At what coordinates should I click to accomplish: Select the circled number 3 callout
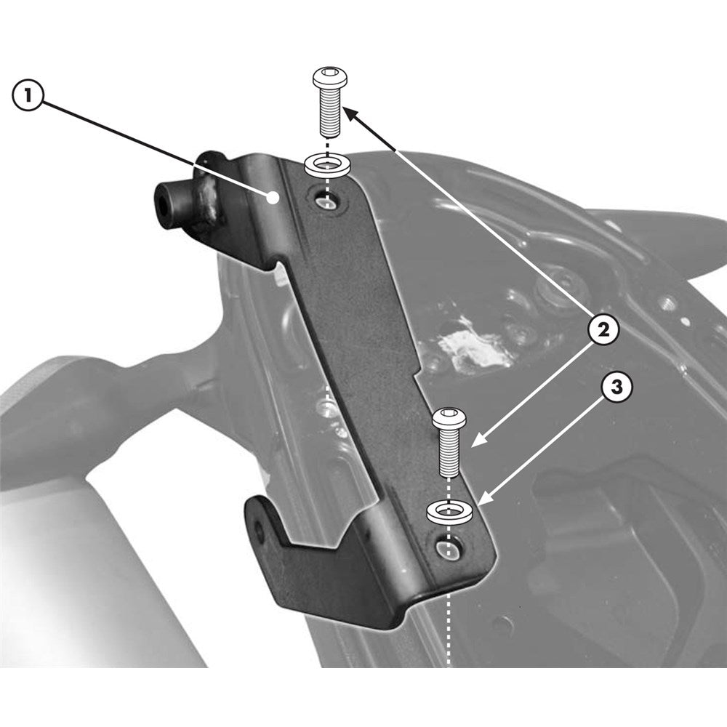616,387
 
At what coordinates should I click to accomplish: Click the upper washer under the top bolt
328,164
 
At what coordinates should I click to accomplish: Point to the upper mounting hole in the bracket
328,202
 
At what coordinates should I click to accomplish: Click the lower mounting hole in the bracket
446,549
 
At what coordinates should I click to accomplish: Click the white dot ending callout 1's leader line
272,197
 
